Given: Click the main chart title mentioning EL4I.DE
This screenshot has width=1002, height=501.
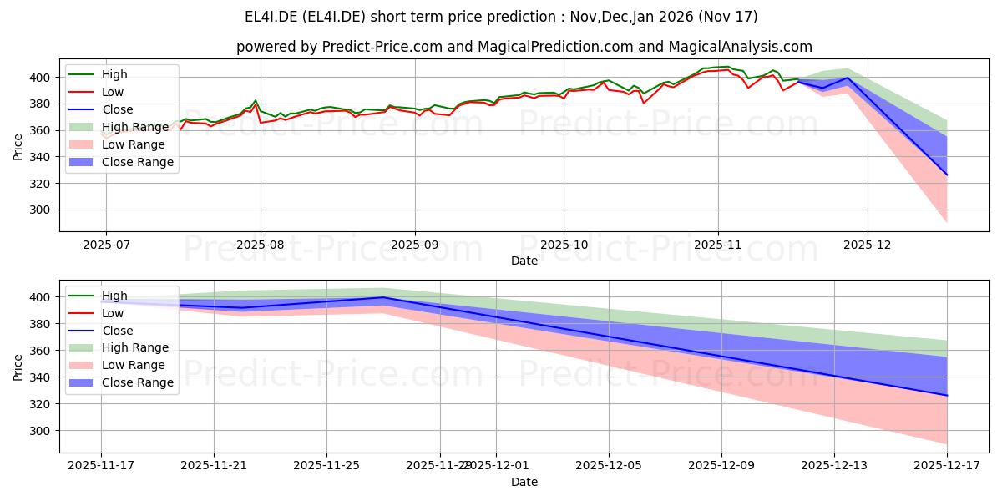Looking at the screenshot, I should click(501, 17).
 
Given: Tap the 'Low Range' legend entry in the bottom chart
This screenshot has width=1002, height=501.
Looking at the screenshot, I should click(134, 365).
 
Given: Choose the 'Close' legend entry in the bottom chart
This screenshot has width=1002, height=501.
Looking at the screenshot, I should click(117, 330).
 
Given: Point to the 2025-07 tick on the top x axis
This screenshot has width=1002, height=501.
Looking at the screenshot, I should click(105, 245).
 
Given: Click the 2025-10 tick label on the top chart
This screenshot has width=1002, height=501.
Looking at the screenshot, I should click(563, 245).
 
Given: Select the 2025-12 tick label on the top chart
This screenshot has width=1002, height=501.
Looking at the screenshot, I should click(868, 245).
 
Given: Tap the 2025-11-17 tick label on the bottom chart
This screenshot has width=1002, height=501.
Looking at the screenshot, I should click(101, 465).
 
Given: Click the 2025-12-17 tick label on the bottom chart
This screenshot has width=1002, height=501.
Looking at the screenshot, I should click(947, 465).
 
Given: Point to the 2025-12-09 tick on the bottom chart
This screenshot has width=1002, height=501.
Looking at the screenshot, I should click(721, 465).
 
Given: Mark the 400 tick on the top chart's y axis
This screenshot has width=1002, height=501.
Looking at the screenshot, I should click(42, 78).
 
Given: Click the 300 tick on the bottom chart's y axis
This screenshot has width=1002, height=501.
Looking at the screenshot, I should click(42, 431).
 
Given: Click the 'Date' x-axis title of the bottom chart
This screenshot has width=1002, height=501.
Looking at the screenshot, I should click(524, 482).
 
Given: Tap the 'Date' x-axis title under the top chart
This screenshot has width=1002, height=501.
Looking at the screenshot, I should click(524, 261).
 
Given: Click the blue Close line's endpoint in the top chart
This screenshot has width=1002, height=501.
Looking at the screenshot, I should click(947, 175).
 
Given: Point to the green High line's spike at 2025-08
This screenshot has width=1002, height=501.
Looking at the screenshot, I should click(256, 101).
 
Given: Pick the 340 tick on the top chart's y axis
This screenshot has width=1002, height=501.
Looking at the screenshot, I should click(42, 157).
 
